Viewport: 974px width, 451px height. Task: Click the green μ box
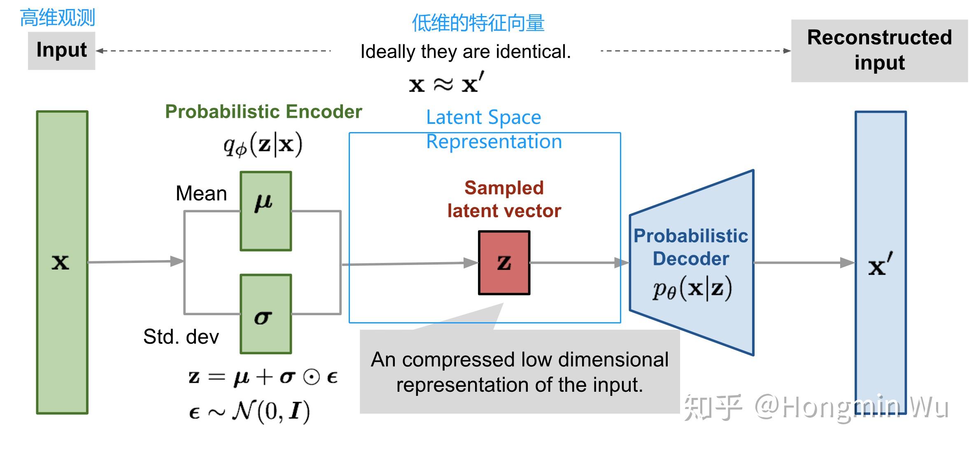(x=266, y=211)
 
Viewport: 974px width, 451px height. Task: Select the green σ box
(x=266, y=314)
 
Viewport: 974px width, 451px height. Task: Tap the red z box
(x=504, y=263)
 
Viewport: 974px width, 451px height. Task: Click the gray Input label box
(x=61, y=50)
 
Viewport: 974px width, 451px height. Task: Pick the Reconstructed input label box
(x=879, y=50)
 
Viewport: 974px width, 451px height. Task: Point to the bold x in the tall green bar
(x=60, y=262)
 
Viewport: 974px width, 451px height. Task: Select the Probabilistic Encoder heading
(x=263, y=112)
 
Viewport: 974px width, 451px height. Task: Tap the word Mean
(x=201, y=193)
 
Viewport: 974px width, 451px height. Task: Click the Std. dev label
(x=181, y=337)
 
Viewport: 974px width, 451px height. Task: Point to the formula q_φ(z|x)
(x=263, y=145)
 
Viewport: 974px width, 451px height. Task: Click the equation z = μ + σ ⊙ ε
(x=263, y=377)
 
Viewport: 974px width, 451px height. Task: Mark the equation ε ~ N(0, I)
(x=249, y=411)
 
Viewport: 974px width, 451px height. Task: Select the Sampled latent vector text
(x=504, y=199)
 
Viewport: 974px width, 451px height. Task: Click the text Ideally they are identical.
(x=466, y=52)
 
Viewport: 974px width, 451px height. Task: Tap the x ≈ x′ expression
(x=446, y=84)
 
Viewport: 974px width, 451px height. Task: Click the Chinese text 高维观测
(x=57, y=18)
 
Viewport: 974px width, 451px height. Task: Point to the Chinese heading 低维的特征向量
(x=478, y=23)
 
